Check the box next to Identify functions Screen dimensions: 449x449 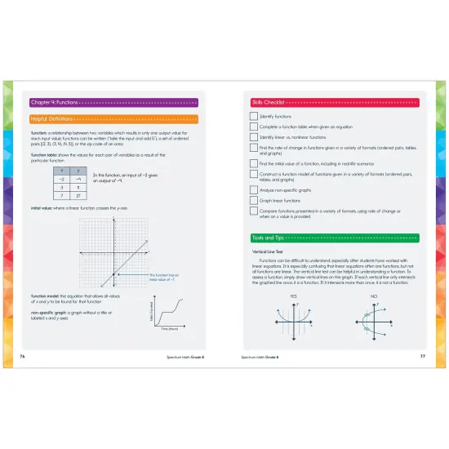(x=253, y=117)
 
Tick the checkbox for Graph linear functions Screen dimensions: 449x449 (x=253, y=200)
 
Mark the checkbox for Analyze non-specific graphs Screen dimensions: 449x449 (x=253, y=189)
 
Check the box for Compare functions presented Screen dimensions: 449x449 (x=253, y=214)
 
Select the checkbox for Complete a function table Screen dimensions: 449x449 (x=253, y=128)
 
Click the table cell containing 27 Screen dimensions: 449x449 (x=77, y=197)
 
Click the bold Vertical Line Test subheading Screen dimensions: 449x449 (x=271, y=251)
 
